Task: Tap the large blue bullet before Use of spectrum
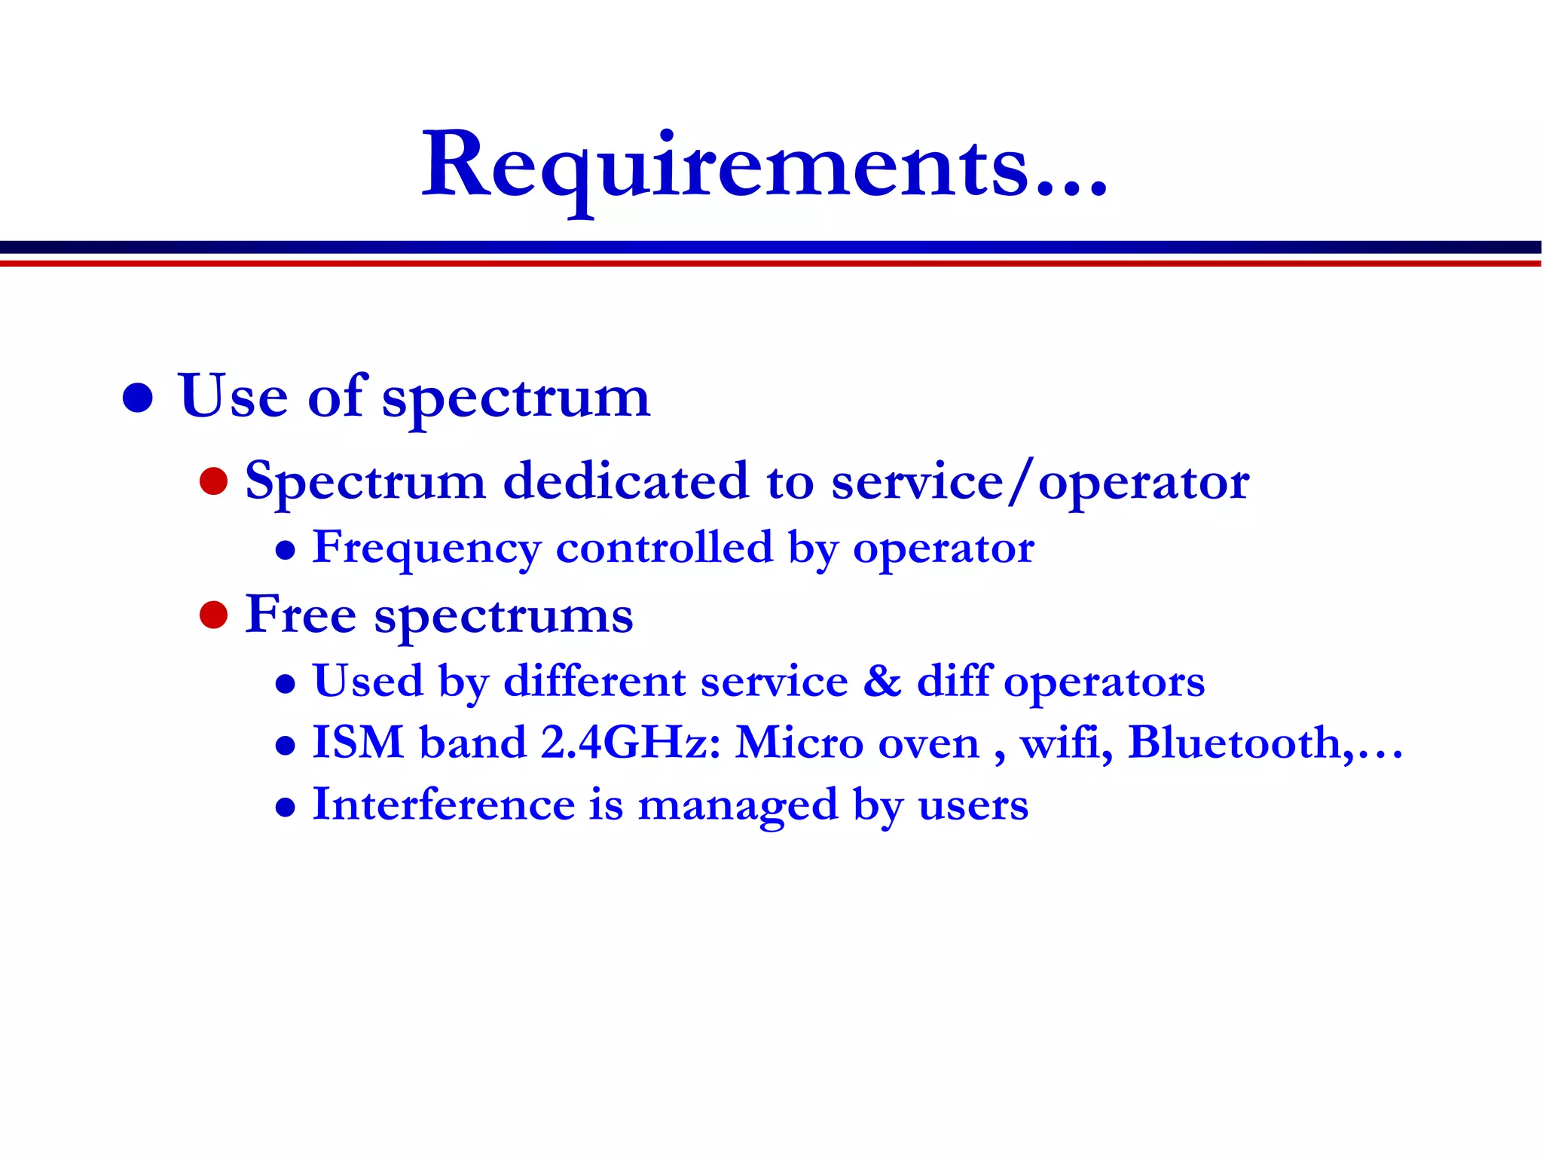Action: coord(138,398)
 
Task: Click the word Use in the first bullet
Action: coord(233,396)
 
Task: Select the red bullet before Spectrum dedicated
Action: coord(214,481)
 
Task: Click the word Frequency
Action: coord(426,548)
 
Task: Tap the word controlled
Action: coord(664,548)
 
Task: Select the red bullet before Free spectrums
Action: coord(214,615)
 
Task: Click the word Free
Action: coord(301,615)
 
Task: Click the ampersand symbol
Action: coord(881,681)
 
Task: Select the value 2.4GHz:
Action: coord(631,743)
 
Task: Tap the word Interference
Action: coord(444,804)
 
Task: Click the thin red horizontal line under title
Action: coord(771,264)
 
